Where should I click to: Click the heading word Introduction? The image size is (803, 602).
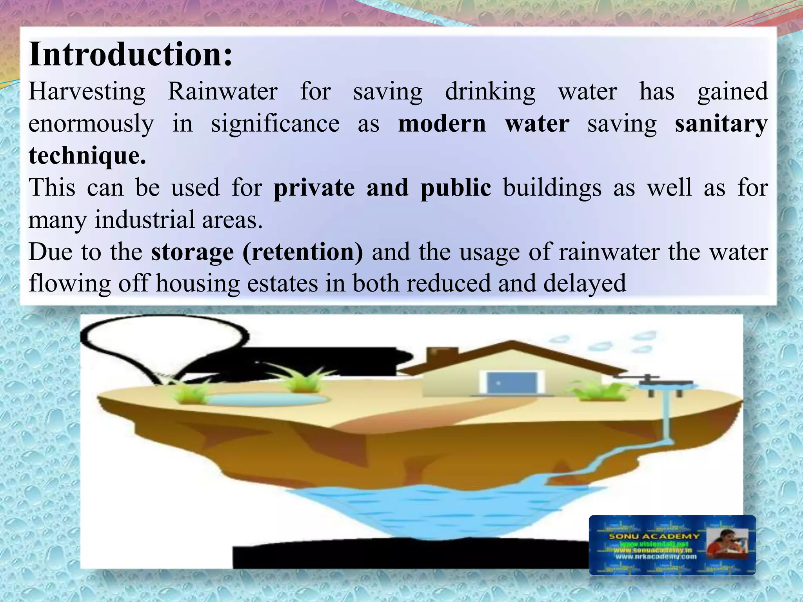131,55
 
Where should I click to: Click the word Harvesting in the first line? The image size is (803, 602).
87,92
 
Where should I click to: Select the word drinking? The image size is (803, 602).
490,92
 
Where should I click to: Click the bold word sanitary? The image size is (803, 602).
721,124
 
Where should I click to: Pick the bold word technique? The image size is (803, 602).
87,156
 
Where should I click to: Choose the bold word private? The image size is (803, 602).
314,188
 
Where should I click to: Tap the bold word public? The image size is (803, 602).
455,188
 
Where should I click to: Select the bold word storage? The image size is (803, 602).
192,252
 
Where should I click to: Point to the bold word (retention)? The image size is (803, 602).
303,252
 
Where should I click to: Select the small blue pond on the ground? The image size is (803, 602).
267,399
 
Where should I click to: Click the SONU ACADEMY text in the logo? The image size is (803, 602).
654,536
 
